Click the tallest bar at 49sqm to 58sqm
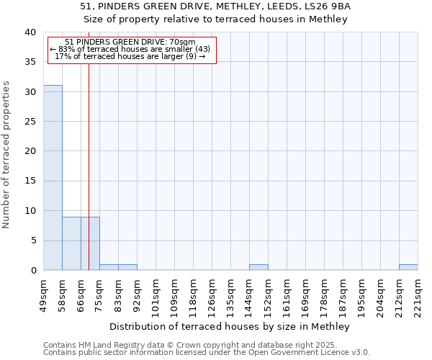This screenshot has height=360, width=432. coord(53,178)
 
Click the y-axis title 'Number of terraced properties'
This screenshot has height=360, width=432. coord(7,154)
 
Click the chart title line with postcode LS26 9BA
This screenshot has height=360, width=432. coord(215,6)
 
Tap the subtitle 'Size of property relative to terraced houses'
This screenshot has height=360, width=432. coord(215,19)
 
